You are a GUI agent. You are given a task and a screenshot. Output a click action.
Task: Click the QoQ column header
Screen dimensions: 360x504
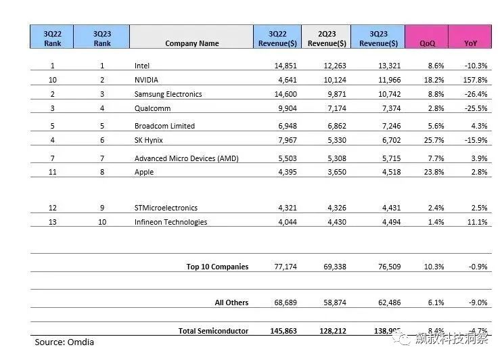point(427,43)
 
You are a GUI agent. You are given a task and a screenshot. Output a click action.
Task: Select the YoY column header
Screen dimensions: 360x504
point(470,43)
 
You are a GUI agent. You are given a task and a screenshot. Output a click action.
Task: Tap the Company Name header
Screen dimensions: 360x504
point(191,43)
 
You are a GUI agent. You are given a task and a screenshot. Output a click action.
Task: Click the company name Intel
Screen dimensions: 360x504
point(142,66)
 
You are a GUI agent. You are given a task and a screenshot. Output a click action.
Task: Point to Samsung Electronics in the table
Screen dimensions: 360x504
point(168,94)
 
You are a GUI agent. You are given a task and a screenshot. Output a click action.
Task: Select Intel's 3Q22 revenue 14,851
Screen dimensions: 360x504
point(279,66)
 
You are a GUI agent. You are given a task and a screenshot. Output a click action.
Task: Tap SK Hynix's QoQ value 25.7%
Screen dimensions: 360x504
point(433,140)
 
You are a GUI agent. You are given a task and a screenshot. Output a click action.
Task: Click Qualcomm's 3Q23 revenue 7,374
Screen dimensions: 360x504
point(389,108)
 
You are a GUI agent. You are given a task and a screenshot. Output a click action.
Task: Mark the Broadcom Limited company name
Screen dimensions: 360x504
point(164,126)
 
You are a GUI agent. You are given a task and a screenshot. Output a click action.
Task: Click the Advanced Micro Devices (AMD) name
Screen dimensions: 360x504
point(187,158)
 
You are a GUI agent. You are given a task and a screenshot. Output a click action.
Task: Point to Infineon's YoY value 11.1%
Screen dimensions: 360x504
point(477,222)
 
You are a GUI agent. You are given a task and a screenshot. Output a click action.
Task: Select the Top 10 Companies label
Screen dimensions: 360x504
point(217,267)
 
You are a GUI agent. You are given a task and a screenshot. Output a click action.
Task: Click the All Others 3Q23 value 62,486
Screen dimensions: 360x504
point(387,302)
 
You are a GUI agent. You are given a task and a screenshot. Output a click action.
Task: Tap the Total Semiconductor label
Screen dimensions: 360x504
point(213,331)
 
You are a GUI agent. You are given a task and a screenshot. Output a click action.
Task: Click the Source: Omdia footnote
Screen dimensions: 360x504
point(64,342)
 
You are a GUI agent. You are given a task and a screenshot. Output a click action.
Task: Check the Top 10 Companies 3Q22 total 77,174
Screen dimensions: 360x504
point(279,267)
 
